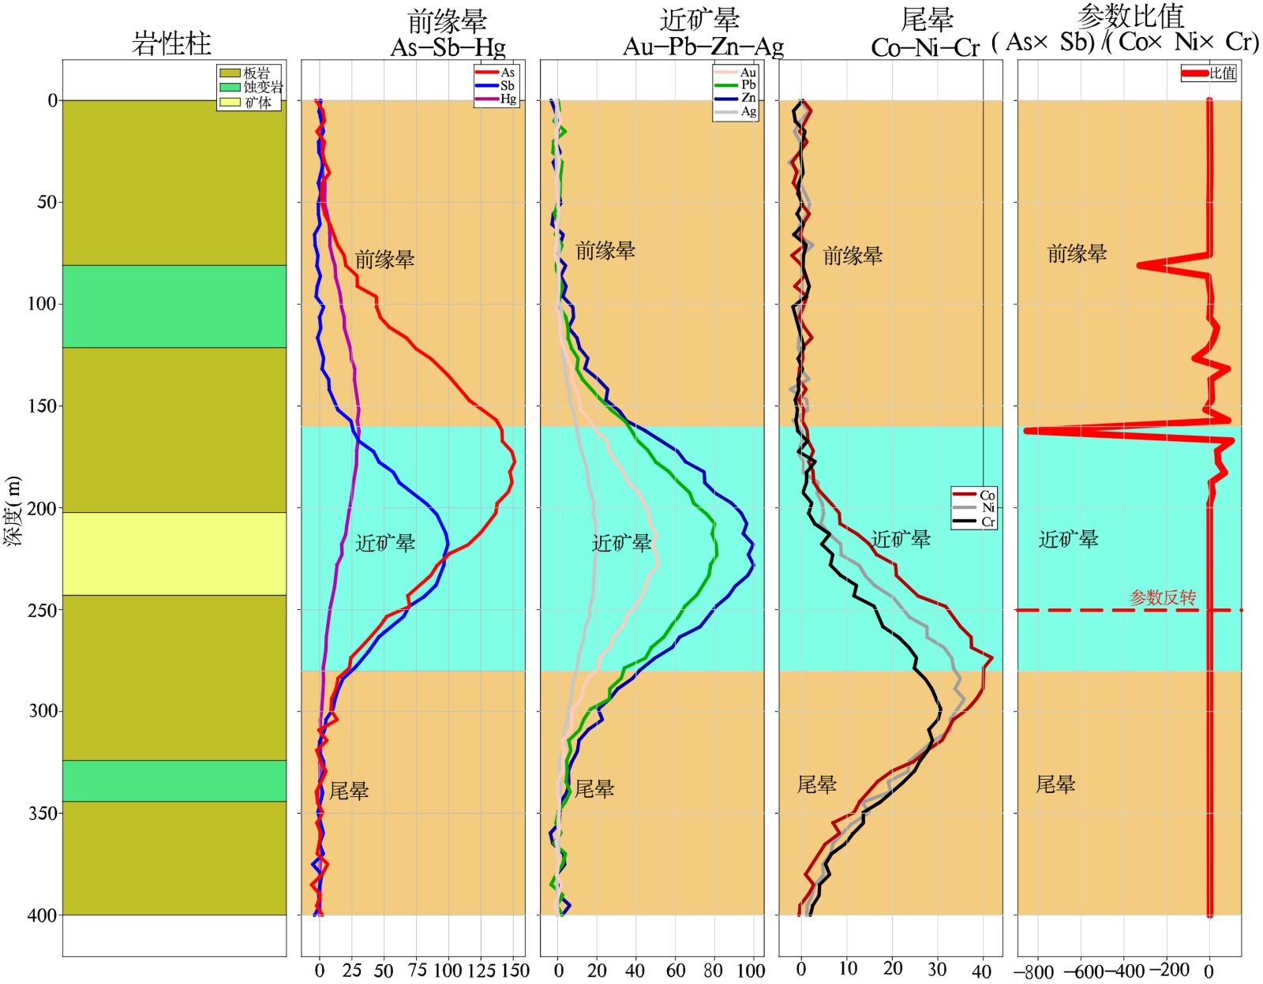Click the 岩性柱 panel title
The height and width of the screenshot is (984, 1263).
click(x=171, y=43)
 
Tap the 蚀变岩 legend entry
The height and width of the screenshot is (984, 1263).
click(x=250, y=87)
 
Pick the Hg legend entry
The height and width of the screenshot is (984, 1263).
click(x=496, y=99)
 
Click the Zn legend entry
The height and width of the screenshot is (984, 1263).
click(x=735, y=98)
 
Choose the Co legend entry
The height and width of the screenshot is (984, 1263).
click(x=974, y=495)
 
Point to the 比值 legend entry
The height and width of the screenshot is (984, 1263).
click(x=1209, y=73)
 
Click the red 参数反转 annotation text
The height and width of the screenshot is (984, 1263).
click(x=1163, y=597)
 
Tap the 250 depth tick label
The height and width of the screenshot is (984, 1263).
click(x=43, y=611)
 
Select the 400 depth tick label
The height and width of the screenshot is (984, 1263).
click(x=43, y=915)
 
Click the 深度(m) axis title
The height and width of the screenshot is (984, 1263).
click(x=13, y=511)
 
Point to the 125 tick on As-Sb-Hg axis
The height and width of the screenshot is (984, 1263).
click(x=481, y=970)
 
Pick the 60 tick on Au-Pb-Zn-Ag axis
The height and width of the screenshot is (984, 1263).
click(x=676, y=970)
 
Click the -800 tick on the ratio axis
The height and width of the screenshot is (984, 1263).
click(x=1034, y=971)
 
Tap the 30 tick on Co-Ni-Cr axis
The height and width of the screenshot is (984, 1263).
click(x=937, y=969)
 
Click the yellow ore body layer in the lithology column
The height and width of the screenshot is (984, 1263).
click(x=174, y=554)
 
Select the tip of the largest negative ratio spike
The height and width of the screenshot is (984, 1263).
click(x=1026, y=431)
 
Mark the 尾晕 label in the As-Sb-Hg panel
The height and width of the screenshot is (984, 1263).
click(x=349, y=791)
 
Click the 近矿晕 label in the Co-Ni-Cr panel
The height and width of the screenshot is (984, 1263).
click(x=901, y=538)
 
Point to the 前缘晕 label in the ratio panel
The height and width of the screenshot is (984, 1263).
click(x=1077, y=253)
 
